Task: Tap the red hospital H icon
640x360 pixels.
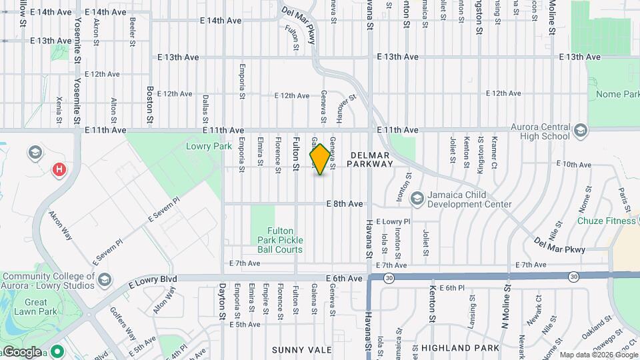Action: [60, 169]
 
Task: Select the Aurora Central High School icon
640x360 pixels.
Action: [580, 129]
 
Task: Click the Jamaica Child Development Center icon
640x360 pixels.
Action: [417, 197]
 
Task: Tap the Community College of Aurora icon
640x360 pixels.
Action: [105, 280]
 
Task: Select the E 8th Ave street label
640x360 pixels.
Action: [345, 204]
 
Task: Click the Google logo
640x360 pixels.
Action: [22, 352]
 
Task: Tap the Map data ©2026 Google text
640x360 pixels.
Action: [598, 355]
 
